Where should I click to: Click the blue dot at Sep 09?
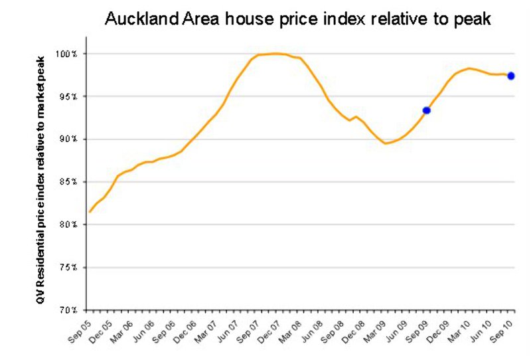[x=427, y=110]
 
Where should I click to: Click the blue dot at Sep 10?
[x=511, y=76]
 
